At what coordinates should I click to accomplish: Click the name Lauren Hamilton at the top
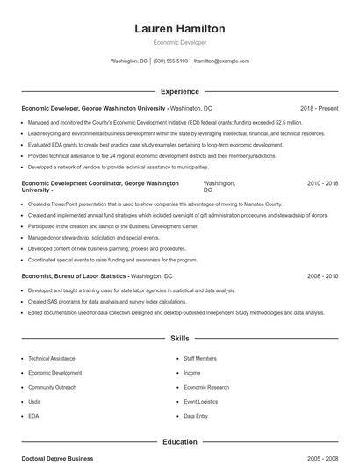tap(179, 29)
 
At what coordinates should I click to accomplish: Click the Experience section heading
tap(179, 91)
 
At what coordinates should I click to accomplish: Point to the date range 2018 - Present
tap(319, 108)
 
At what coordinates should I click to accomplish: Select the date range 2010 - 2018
tap(322, 183)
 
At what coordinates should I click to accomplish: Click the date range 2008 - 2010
tap(322, 276)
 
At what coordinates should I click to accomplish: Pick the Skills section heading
tap(179, 338)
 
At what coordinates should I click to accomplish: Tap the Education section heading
tap(179, 442)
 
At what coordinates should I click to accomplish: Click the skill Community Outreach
tap(53, 387)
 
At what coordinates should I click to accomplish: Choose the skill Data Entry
tap(197, 415)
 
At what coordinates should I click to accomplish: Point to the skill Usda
tap(35, 401)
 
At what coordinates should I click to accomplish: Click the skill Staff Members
tap(200, 359)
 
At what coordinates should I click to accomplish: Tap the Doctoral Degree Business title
tap(57, 459)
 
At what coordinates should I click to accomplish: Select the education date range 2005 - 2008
tap(322, 459)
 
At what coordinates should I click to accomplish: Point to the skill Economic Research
tap(206, 387)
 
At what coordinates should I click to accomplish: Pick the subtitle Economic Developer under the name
tap(179, 42)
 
